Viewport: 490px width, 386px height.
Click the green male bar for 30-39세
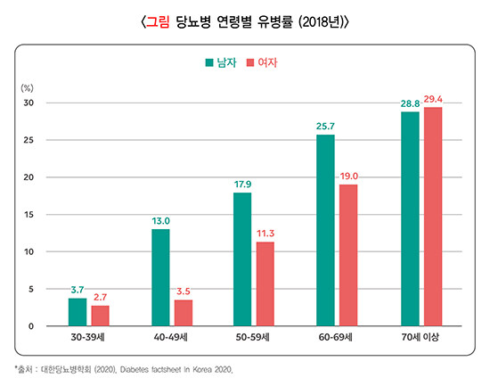78,312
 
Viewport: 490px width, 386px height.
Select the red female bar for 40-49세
184,313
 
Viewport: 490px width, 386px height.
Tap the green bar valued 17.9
242,259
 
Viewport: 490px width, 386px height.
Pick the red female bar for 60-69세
348,255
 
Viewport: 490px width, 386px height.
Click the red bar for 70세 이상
432,217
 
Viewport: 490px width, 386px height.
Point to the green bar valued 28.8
410,218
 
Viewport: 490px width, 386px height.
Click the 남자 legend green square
209,63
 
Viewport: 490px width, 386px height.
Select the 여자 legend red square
249,63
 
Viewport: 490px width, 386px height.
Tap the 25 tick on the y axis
29,140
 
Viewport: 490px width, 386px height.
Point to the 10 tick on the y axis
29,251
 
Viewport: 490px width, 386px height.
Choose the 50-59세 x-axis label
253,340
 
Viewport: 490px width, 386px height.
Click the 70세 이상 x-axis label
421,340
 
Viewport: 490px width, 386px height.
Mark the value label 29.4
434,99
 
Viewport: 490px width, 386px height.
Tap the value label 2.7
100,298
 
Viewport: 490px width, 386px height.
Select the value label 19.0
348,177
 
